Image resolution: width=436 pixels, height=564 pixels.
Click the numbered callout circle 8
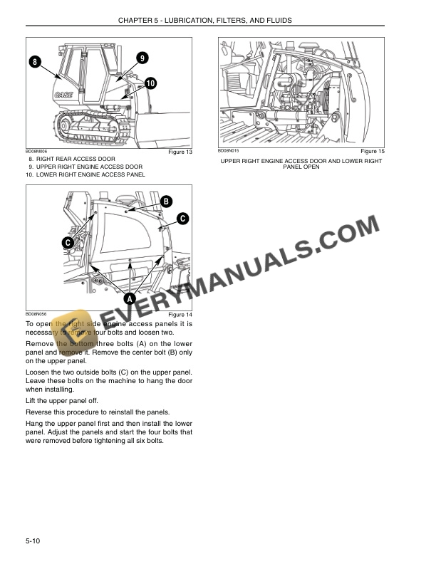click(34, 62)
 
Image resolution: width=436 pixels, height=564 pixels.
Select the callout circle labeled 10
click(150, 83)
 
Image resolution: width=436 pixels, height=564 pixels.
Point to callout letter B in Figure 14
click(165, 201)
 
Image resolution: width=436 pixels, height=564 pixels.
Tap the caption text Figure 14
click(180, 315)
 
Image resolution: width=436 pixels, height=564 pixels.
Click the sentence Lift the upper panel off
click(63, 401)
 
